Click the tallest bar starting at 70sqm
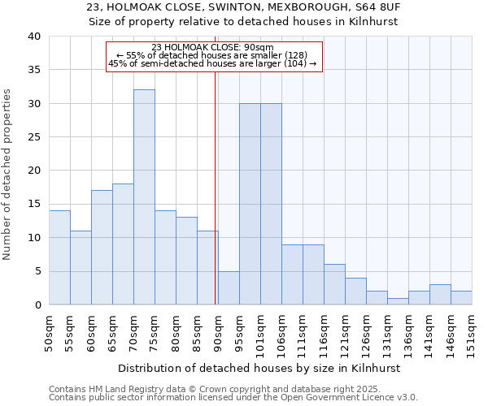click(144, 197)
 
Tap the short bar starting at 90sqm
click(229, 287)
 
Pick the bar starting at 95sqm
click(250, 204)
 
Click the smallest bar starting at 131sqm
click(398, 301)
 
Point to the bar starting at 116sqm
click(334, 284)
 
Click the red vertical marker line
click(216, 179)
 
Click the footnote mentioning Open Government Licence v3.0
click(233, 398)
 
